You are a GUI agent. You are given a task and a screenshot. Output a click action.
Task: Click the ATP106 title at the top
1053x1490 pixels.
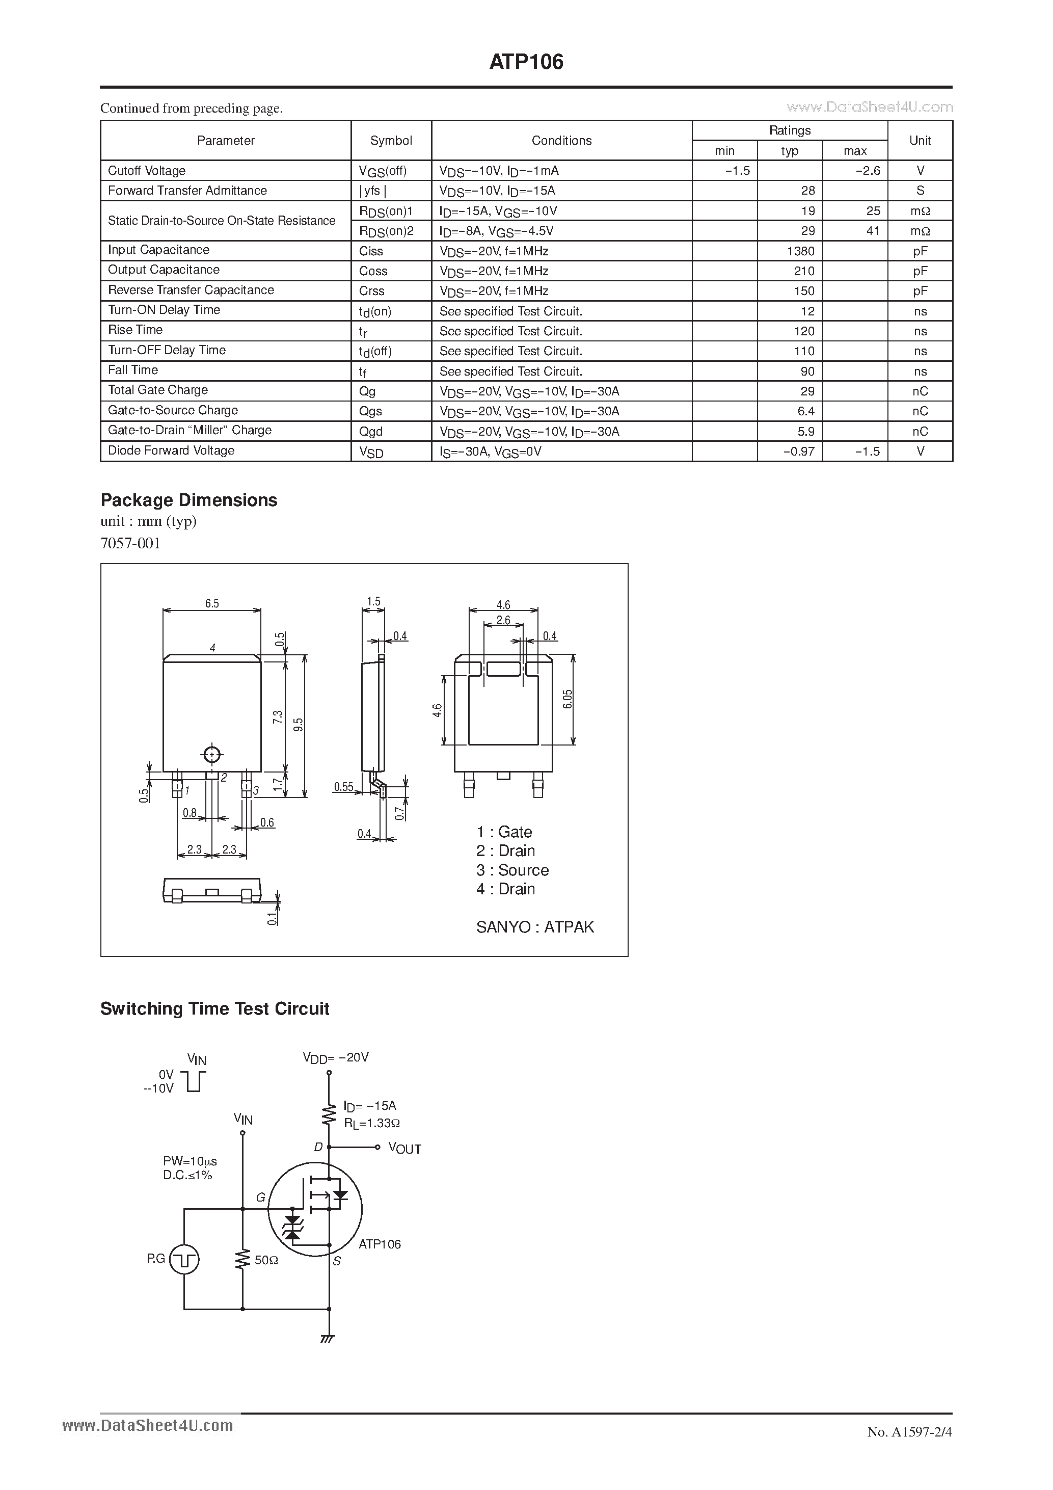tap(526, 62)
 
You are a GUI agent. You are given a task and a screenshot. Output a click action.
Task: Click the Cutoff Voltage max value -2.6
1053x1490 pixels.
tap(868, 171)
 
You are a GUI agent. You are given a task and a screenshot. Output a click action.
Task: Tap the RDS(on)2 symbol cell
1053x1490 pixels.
tap(386, 231)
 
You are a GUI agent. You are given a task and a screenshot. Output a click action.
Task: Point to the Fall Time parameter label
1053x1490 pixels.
tap(133, 370)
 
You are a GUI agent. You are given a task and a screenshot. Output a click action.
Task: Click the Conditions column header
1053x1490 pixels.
tap(561, 140)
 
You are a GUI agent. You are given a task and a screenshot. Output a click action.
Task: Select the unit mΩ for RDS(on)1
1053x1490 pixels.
tap(920, 211)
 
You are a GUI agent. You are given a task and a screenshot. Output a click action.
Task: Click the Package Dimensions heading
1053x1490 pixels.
tap(189, 500)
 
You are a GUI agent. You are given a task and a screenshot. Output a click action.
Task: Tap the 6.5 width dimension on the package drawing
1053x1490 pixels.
tap(211, 603)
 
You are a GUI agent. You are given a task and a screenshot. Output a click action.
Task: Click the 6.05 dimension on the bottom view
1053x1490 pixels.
tap(568, 699)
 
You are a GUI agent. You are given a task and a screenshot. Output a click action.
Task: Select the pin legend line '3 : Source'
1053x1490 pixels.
tap(512, 870)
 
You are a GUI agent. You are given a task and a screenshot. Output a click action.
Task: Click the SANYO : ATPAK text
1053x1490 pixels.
tap(534, 927)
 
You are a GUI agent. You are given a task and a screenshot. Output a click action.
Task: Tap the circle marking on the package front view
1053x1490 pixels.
tap(212, 755)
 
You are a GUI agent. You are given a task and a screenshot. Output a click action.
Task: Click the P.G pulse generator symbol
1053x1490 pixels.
tap(184, 1260)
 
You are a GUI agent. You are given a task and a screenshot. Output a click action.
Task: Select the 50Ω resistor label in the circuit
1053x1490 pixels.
tap(266, 1260)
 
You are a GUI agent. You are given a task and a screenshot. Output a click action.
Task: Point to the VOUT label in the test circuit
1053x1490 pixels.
tap(404, 1149)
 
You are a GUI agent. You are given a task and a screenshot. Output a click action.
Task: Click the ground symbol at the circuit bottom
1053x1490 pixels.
tap(328, 1339)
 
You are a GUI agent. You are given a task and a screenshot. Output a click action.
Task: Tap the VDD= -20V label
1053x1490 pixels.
tap(335, 1057)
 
